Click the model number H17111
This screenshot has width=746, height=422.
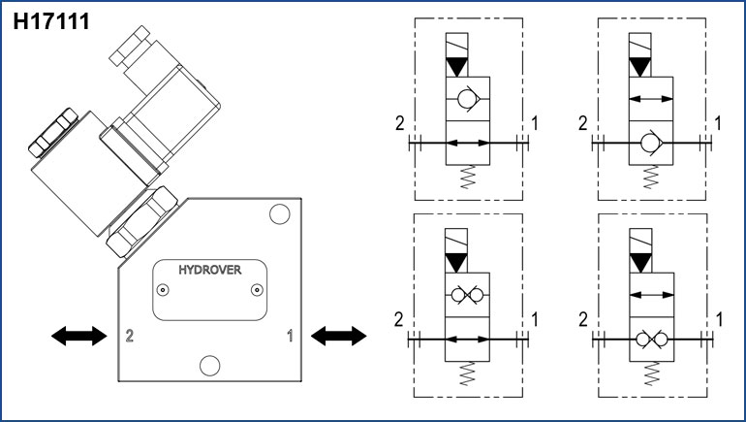click(x=50, y=20)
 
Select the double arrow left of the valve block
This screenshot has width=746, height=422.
click(x=78, y=336)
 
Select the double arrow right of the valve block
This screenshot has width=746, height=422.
click(x=338, y=336)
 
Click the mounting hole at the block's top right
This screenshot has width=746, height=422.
click(x=279, y=213)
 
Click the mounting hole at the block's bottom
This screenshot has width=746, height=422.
click(x=207, y=364)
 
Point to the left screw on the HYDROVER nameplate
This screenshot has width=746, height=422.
click(x=164, y=290)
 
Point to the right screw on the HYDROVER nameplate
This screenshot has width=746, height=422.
click(x=256, y=290)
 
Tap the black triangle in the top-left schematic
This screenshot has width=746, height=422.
click(x=456, y=66)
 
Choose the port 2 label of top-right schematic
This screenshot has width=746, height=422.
click(x=582, y=123)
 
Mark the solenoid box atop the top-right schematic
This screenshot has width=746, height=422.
click(x=640, y=46)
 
